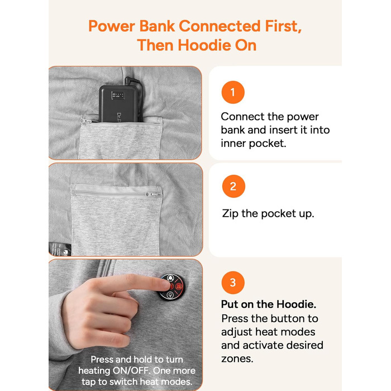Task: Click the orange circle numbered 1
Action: point(233,92)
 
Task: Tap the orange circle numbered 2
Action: point(233,186)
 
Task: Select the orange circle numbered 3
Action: point(233,283)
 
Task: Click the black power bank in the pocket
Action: point(118,103)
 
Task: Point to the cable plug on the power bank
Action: point(131,80)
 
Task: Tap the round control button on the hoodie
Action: point(171,287)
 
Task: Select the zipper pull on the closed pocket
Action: point(152,194)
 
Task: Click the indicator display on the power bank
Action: point(117,95)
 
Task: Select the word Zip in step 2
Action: point(230,214)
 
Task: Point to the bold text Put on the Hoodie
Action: point(269,304)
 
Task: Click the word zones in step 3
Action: point(237,359)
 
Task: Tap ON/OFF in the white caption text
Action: point(131,371)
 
